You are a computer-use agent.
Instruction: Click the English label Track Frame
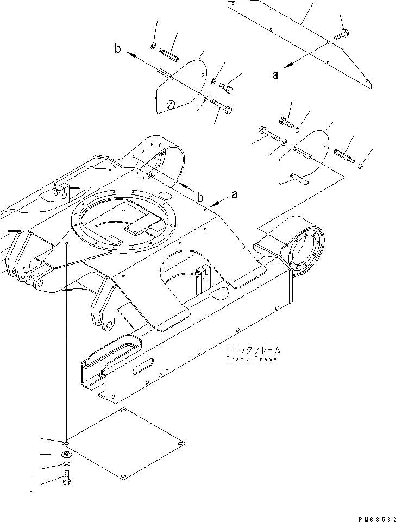coord(250,359)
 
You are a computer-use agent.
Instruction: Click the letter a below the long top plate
coord(276,75)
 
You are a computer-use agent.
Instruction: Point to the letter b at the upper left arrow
coord(118,49)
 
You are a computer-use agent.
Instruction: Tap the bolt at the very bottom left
coord(66,478)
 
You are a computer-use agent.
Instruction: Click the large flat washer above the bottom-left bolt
coord(66,455)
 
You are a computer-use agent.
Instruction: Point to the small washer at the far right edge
coord(362,164)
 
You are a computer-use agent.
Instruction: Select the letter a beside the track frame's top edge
coord(234,195)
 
